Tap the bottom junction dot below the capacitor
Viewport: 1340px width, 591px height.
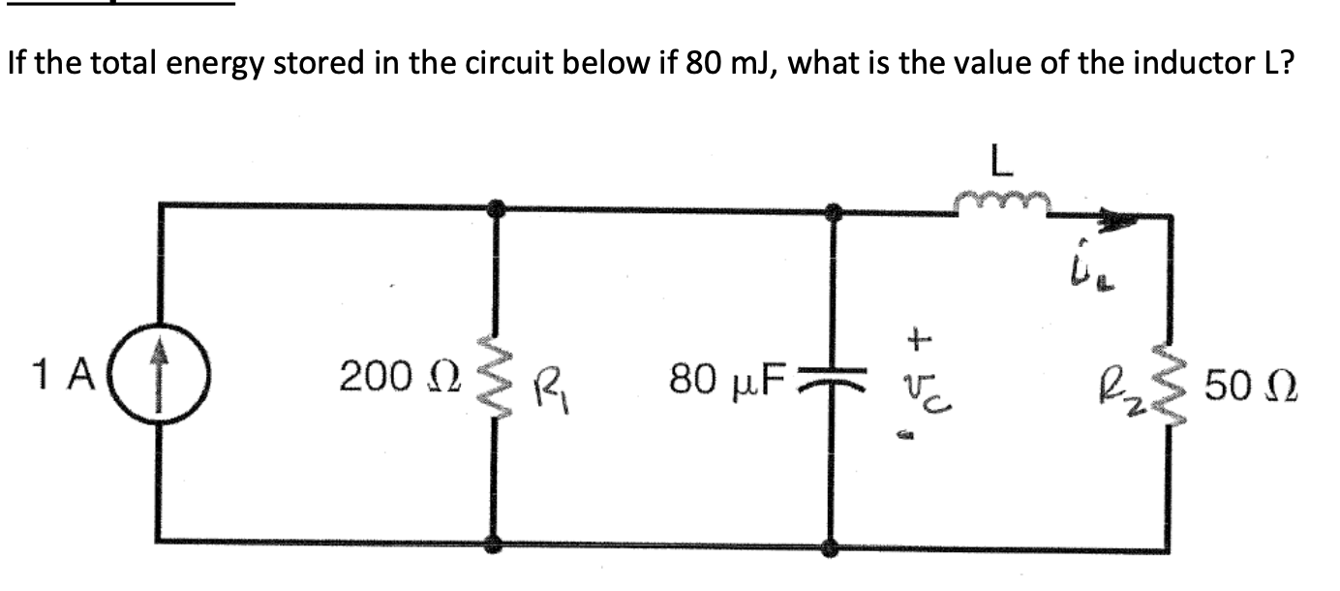click(x=830, y=547)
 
